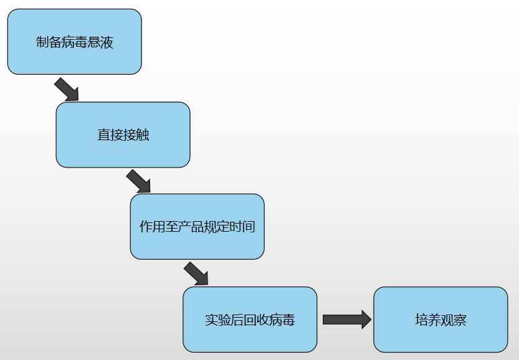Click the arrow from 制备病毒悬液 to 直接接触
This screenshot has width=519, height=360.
pyautogui.click(x=67, y=89)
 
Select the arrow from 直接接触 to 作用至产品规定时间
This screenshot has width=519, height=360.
pyautogui.click(x=138, y=181)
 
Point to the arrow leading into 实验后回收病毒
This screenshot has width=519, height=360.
pyautogui.click(x=196, y=273)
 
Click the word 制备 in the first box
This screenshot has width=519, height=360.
pyautogui.click(x=49, y=43)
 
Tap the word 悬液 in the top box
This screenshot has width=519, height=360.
pyautogui.click(x=100, y=43)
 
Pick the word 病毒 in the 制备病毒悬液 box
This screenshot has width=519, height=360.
pyautogui.click(x=75, y=43)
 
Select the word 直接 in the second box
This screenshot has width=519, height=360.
pyautogui.click(x=110, y=135)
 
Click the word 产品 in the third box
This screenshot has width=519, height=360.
pyautogui.click(x=190, y=227)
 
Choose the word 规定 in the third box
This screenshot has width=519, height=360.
pyautogui.click(x=216, y=227)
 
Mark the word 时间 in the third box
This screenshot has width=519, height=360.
pyautogui.click(x=242, y=227)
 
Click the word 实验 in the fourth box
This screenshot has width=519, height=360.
pyautogui.click(x=217, y=320)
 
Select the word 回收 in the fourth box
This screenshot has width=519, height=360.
pyautogui.click(x=256, y=320)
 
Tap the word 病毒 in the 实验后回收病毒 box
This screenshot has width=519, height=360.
pyautogui.click(x=282, y=320)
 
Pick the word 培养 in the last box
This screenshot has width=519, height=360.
pyautogui.click(x=428, y=320)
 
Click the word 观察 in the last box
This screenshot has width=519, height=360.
pyautogui.click(x=454, y=320)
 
